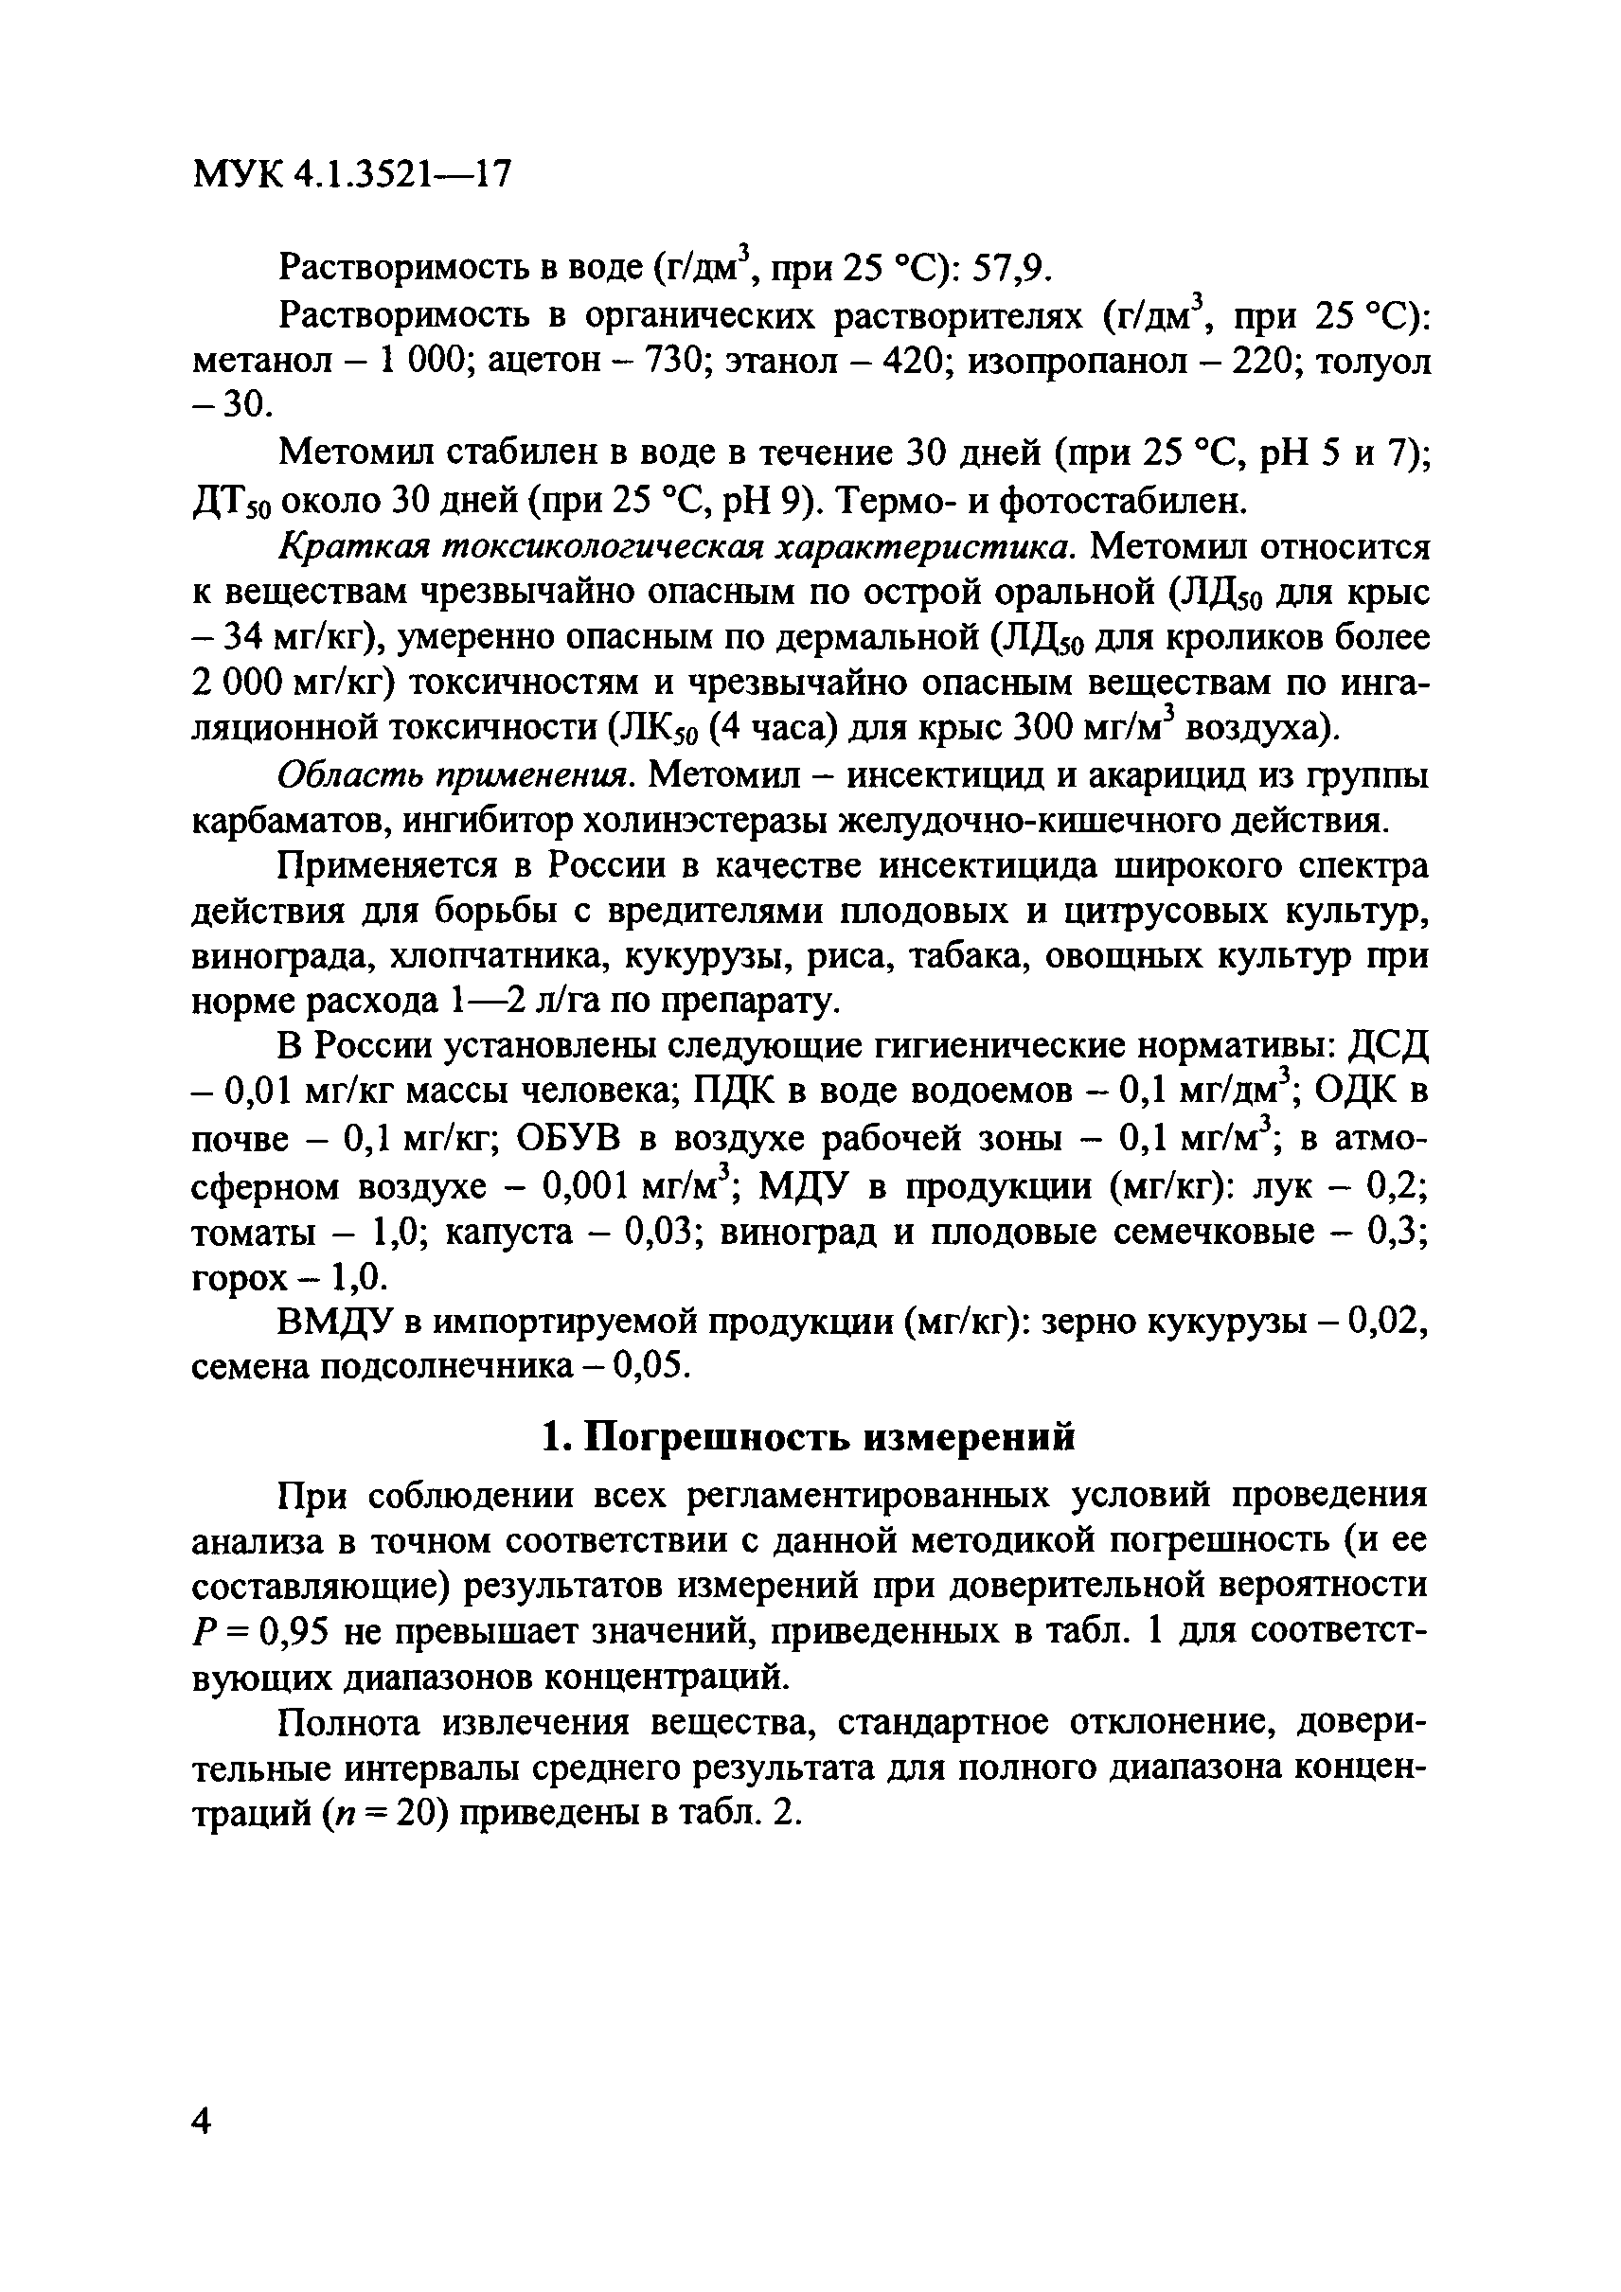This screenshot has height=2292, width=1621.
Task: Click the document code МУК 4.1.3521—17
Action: click(x=350, y=176)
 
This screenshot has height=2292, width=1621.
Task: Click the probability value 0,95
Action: click(x=294, y=1633)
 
